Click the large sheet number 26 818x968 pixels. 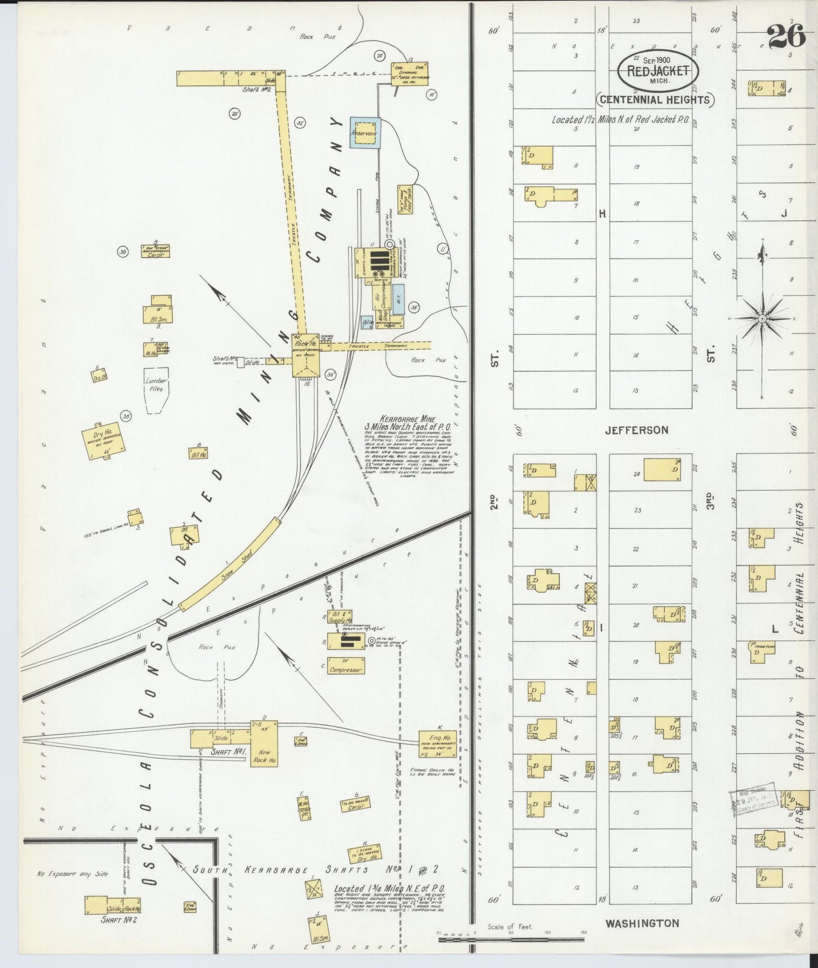[786, 37]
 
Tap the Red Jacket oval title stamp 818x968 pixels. [658, 71]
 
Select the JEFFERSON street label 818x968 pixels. [636, 430]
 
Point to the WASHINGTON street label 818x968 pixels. [642, 923]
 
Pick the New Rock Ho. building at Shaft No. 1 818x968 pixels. [264, 743]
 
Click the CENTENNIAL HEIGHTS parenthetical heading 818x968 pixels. [654, 100]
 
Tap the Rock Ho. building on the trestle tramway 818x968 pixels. [306, 355]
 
